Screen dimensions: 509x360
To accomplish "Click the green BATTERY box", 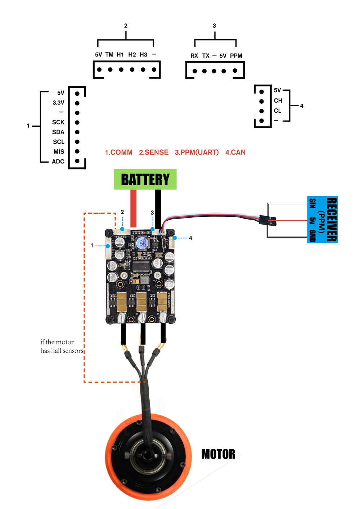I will [x=145, y=179].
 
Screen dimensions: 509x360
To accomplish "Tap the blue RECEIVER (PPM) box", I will [x=322, y=220].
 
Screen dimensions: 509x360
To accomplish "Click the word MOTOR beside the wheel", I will [x=218, y=454].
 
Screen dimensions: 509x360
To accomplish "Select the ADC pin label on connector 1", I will [x=58, y=162].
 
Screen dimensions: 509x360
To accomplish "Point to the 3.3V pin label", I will [x=58, y=103].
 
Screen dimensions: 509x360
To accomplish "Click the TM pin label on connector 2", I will [x=109, y=55].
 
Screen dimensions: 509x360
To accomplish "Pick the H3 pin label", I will [x=143, y=55].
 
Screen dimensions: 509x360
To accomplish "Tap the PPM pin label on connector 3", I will [x=236, y=56].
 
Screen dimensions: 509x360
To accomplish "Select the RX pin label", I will [x=194, y=56].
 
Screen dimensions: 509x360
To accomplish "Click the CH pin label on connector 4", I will [x=278, y=101].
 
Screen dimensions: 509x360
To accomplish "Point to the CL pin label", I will [x=278, y=111].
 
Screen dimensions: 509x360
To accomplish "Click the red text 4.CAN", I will [x=235, y=152].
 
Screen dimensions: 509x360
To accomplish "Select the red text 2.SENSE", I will [x=154, y=152].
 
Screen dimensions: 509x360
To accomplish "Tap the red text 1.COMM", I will [x=119, y=152].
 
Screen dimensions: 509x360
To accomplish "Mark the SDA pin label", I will [x=58, y=132].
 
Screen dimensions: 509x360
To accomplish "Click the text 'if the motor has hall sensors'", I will [x=62, y=346].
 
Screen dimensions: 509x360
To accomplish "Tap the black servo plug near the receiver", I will [x=268, y=220].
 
